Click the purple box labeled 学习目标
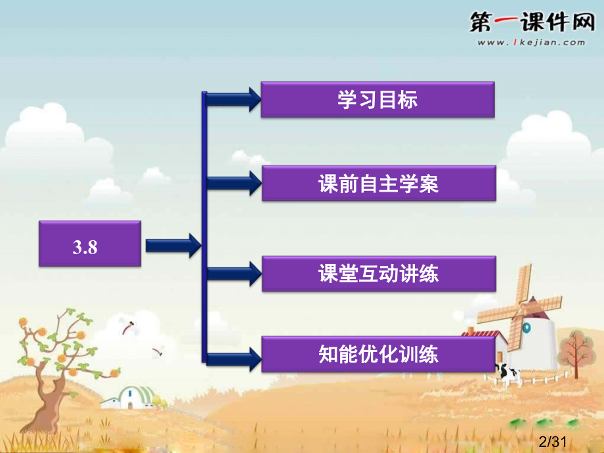pos(377,100)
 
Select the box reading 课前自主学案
pos(378,183)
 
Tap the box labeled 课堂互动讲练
pos(378,273)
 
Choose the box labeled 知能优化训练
pos(378,355)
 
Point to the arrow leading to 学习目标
pos(234,100)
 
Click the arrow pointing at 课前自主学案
pos(234,183)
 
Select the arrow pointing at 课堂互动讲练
pos(234,273)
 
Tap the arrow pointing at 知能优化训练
pos(234,358)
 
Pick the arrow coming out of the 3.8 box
pos(173,245)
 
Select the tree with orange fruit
pos(53,355)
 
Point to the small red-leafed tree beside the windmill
pos(576,348)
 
